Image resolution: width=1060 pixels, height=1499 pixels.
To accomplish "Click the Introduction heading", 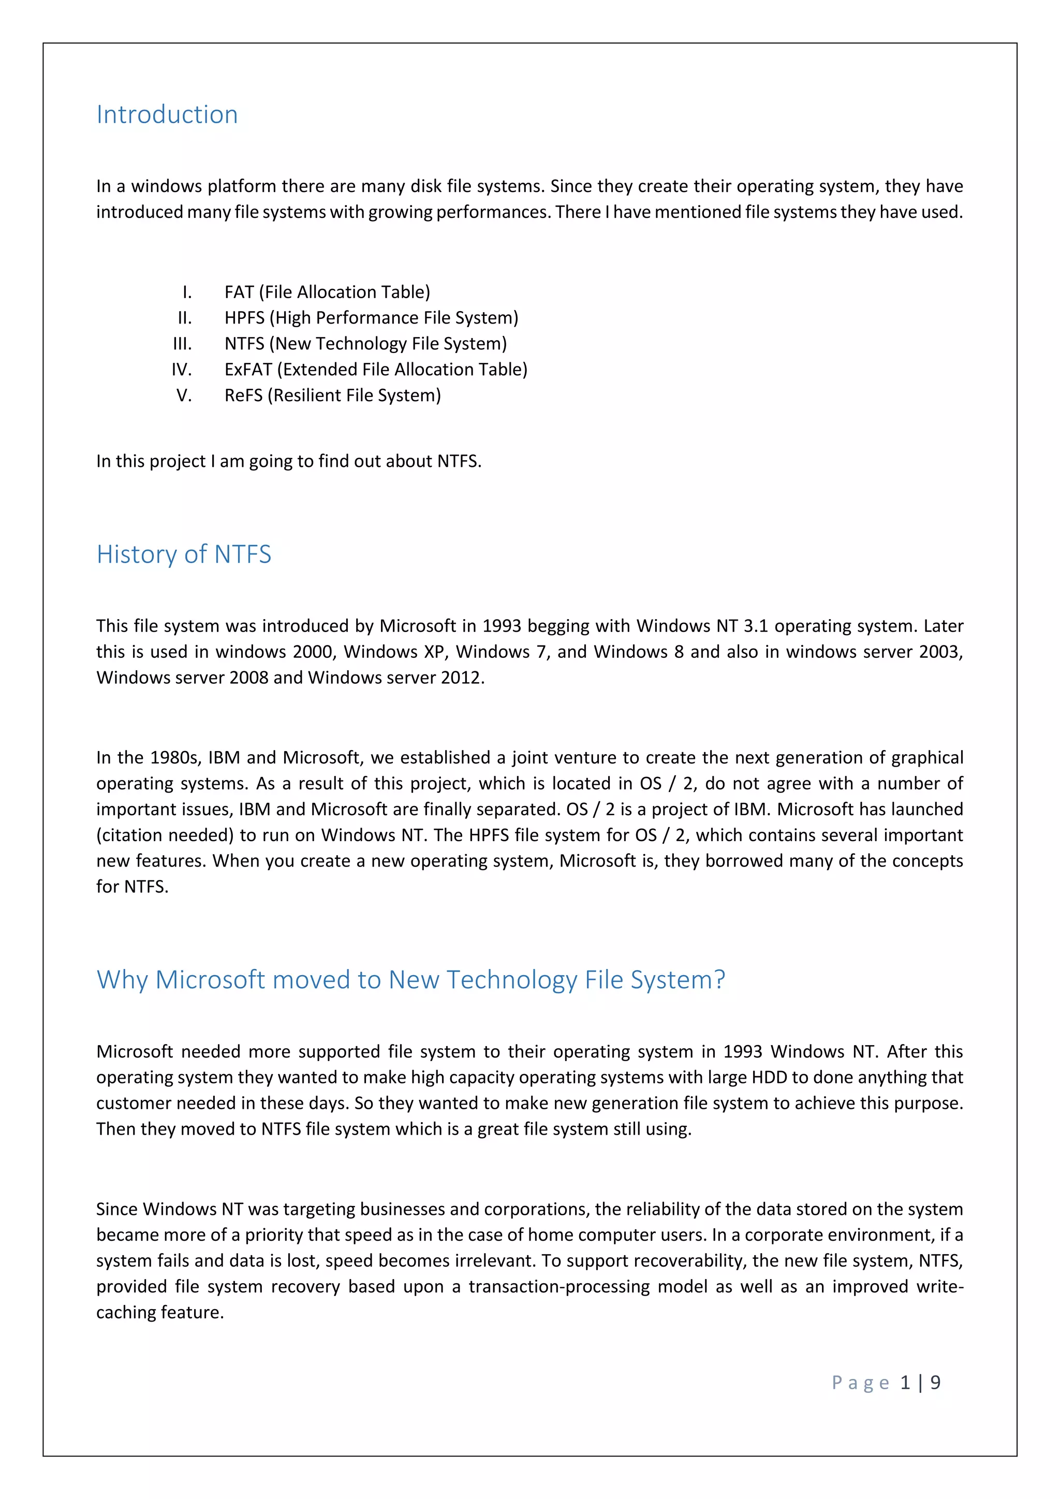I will tap(167, 115).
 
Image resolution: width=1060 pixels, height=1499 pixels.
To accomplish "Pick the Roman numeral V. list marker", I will tap(184, 395).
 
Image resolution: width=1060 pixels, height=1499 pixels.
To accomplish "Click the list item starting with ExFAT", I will tap(375, 370).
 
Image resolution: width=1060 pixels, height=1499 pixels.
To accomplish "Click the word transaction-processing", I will tap(560, 1286).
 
